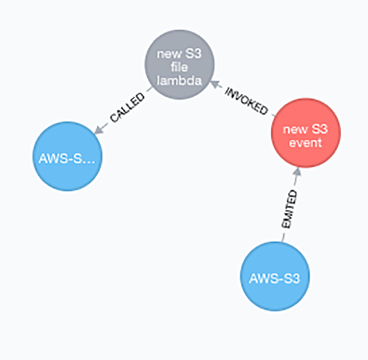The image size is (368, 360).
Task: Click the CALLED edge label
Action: click(127, 108)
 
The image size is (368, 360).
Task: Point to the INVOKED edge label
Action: click(247, 103)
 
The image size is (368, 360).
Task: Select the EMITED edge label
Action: click(289, 213)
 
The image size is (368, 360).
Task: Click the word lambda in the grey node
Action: click(179, 81)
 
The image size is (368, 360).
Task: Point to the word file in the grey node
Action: click(179, 68)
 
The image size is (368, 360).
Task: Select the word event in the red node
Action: click(306, 142)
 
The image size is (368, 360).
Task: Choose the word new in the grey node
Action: click(169, 55)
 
